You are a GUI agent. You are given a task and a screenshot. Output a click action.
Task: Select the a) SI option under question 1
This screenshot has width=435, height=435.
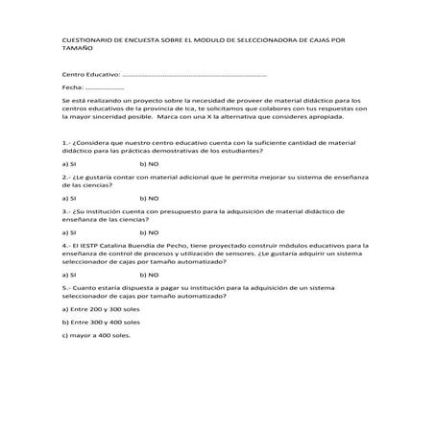(68, 164)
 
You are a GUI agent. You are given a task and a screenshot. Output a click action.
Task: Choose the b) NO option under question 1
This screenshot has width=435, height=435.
(150, 164)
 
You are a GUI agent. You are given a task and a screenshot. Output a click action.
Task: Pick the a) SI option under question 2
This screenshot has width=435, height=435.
(68, 198)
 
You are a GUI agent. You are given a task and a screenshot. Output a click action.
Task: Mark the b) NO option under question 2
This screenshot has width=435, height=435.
(150, 198)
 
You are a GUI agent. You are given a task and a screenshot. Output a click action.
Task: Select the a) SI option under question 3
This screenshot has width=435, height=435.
(68, 232)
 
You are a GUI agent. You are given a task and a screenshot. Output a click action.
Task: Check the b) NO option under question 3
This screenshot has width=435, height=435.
(150, 232)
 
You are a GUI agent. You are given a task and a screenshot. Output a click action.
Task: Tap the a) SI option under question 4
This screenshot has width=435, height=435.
(68, 276)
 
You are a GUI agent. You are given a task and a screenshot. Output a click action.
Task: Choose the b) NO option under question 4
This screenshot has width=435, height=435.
(150, 276)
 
